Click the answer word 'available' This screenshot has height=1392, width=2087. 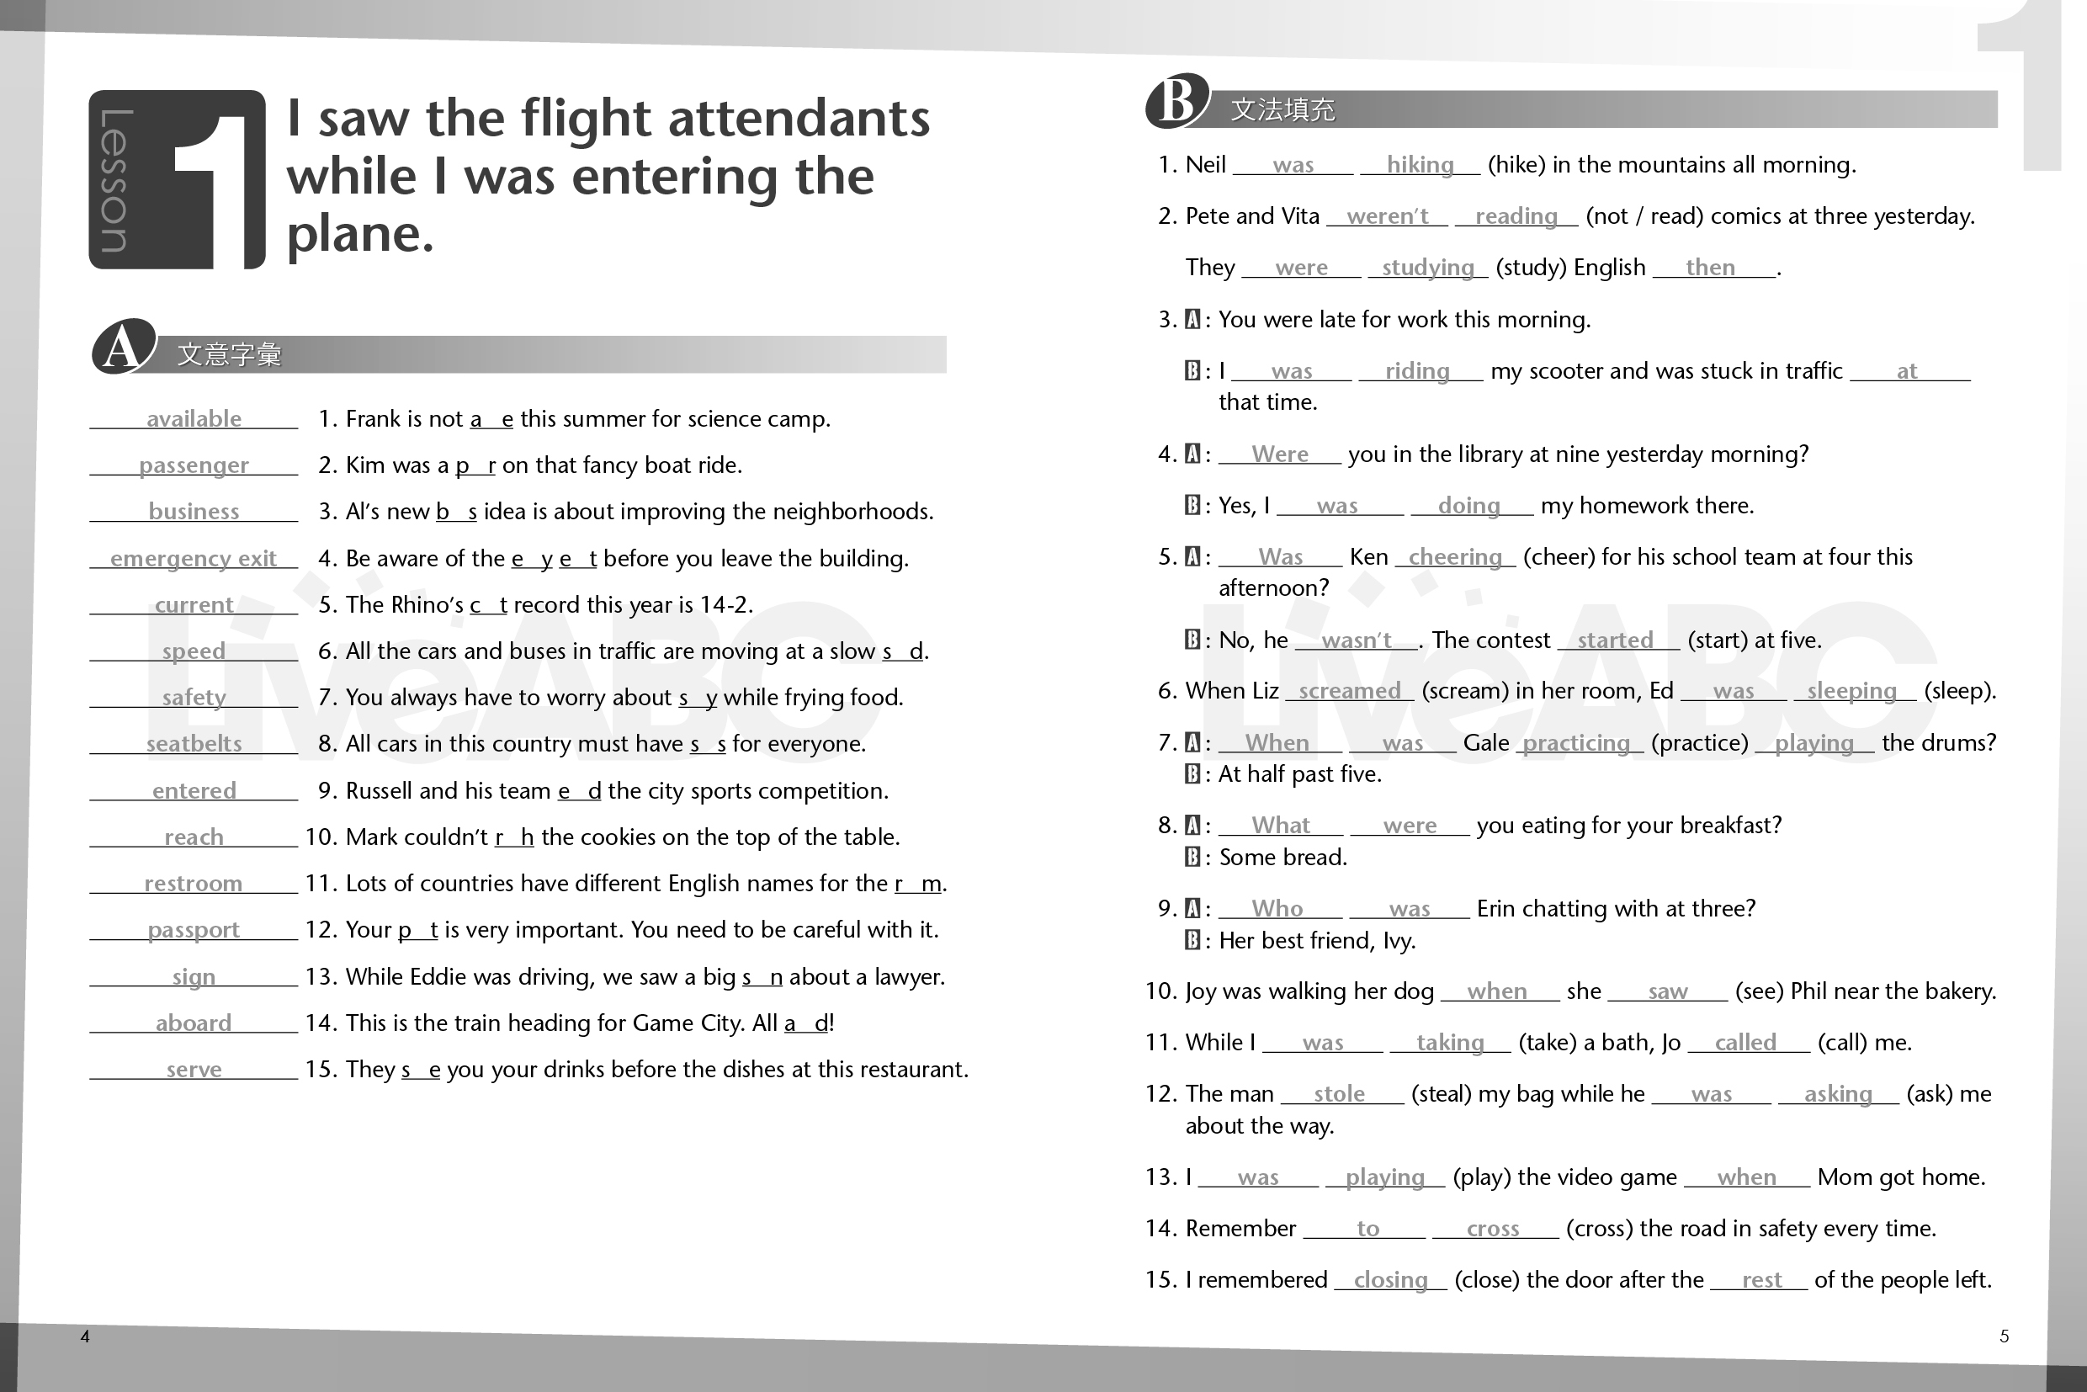tap(194, 419)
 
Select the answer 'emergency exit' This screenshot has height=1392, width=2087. tap(194, 558)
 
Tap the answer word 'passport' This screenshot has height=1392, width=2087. tap(194, 929)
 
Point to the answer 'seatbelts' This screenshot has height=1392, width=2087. tap(194, 744)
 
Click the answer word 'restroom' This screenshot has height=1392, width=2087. tap(194, 884)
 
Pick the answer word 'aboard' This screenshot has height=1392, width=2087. tap(194, 1023)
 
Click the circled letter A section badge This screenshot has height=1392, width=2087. tap(124, 347)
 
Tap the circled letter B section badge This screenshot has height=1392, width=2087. tap(1177, 100)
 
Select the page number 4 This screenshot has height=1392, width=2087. tap(85, 1336)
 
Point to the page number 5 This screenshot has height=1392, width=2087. tap(2004, 1336)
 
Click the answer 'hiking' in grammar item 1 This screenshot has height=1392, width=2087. tap(1420, 165)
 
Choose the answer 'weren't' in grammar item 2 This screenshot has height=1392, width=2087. tap(1387, 216)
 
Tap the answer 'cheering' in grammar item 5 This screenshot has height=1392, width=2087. tap(1455, 557)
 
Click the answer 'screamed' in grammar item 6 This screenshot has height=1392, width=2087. tap(1349, 692)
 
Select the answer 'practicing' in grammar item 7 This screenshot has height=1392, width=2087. tap(1576, 743)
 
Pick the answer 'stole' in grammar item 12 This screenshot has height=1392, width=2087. tap(1339, 1095)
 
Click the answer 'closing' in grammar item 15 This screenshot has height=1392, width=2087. tap(1390, 1280)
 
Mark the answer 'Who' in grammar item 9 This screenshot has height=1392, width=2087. tap(1277, 909)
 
